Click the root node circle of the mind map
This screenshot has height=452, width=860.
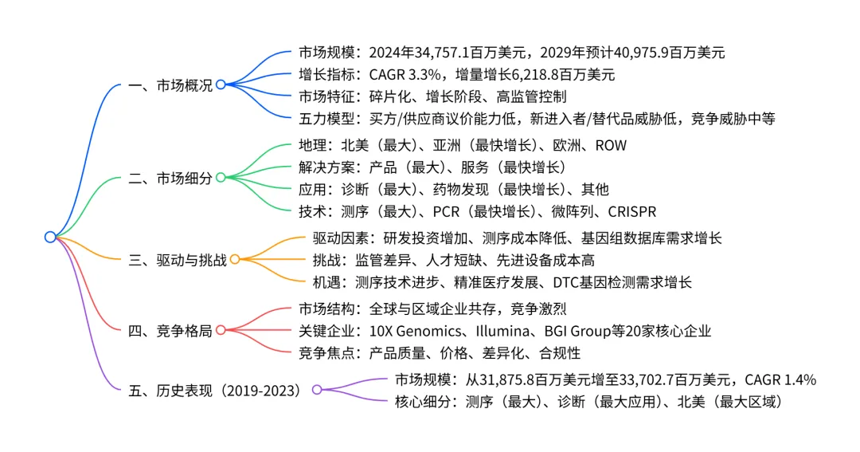point(50,237)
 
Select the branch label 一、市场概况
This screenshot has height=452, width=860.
point(170,85)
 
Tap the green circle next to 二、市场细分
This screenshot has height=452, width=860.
point(221,178)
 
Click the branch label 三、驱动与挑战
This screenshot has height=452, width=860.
point(178,260)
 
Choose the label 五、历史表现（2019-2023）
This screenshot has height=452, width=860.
point(215,390)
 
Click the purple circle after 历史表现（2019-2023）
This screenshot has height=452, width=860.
point(317,390)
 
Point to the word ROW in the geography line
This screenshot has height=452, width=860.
point(611,145)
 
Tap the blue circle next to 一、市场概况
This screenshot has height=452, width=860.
point(221,85)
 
